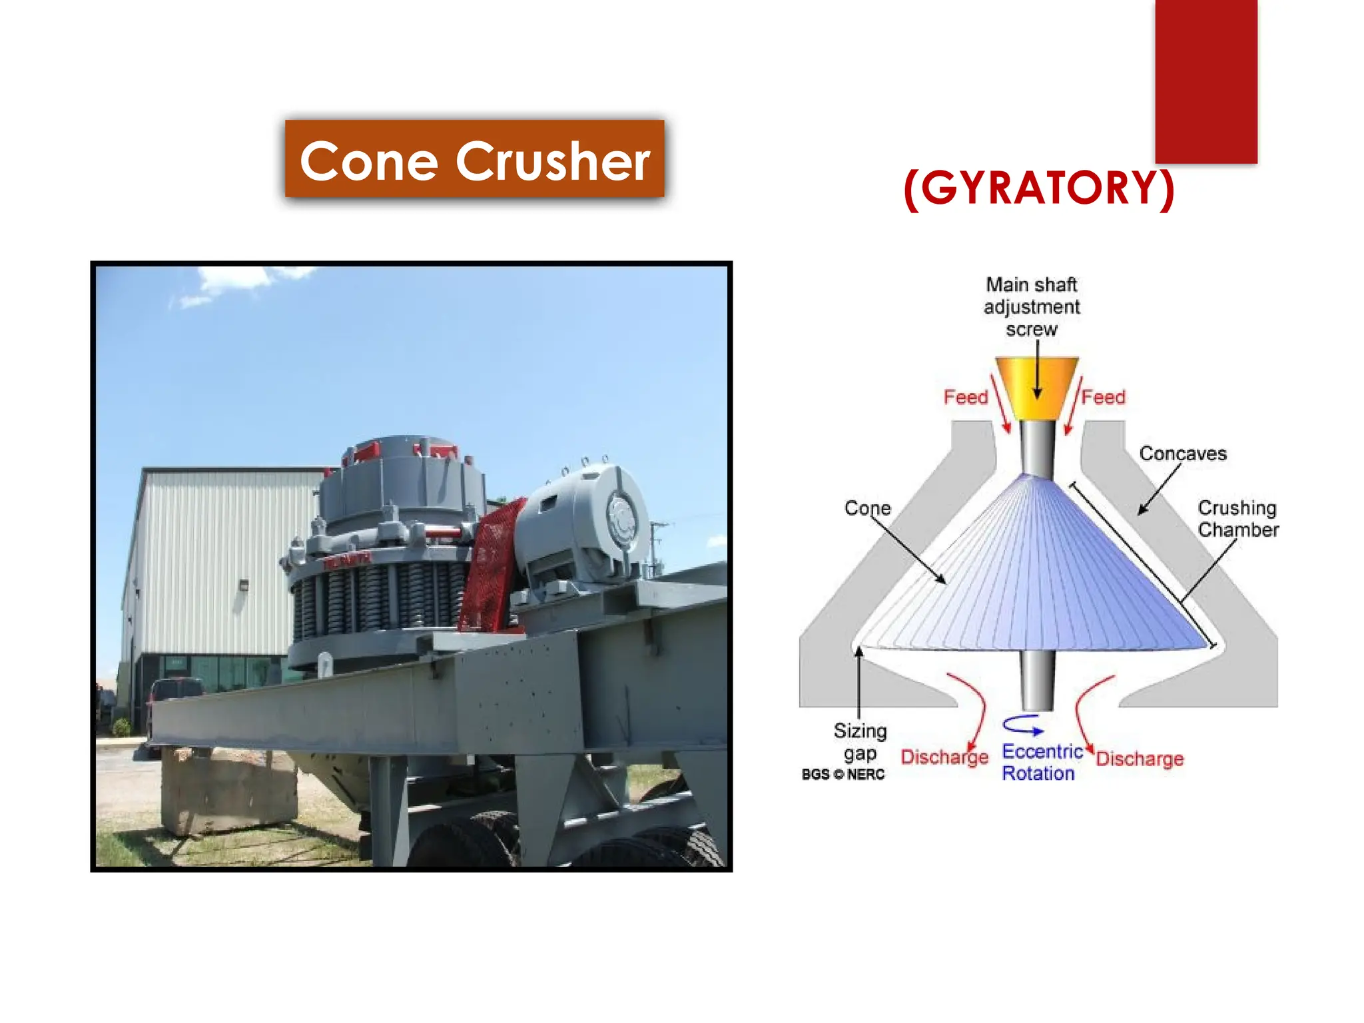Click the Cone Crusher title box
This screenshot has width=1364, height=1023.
click(x=474, y=159)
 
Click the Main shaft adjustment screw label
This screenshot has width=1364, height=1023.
click(x=1031, y=307)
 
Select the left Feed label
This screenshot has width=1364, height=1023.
click(x=966, y=398)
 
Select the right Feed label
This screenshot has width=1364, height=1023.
click(x=1103, y=398)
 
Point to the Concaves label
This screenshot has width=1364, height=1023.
click(x=1183, y=454)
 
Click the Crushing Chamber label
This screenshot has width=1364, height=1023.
click(x=1237, y=519)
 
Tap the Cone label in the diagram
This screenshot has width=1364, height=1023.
click(x=867, y=508)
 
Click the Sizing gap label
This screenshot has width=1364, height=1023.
click(x=860, y=742)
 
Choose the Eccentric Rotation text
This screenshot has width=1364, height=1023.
click(x=1041, y=763)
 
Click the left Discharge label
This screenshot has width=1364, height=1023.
click(x=944, y=758)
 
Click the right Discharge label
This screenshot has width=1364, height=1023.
click(x=1140, y=759)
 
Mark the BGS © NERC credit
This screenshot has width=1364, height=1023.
click(x=843, y=775)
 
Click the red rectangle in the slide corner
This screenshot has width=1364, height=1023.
click(x=1206, y=80)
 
